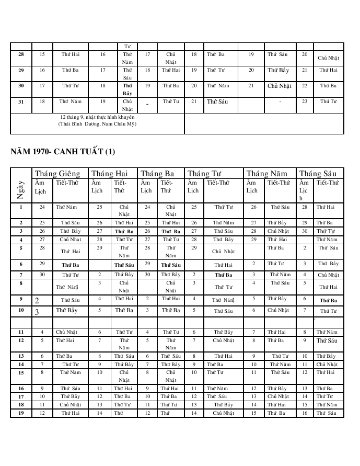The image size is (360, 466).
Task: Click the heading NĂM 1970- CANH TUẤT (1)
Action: click(x=63, y=152)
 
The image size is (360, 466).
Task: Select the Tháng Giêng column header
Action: click(x=57, y=174)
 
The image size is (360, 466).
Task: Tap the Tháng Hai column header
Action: click(x=110, y=174)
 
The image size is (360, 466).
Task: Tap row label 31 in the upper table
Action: click(x=21, y=102)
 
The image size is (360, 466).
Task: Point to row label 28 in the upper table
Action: click(x=21, y=54)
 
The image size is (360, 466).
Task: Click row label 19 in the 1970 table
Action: click(x=21, y=413)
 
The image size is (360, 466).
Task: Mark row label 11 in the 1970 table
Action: click(x=21, y=332)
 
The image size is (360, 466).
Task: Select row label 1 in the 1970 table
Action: click(x=21, y=207)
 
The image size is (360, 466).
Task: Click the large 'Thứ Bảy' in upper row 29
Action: click(x=278, y=70)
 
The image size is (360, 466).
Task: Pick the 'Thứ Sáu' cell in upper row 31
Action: click(x=218, y=101)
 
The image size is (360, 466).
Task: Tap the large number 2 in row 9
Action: click(x=37, y=301)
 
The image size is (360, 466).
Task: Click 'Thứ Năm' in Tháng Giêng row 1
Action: click(x=66, y=207)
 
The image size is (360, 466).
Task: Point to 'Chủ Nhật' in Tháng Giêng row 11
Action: click(x=67, y=332)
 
